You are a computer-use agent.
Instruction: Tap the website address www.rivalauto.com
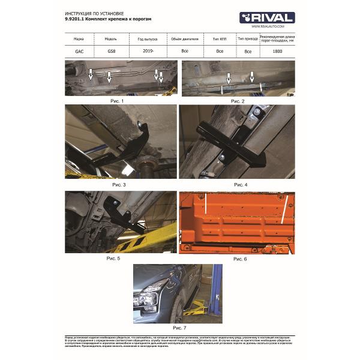pyautogui.click(x=264, y=26)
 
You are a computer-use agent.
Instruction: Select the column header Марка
pyautogui.click(x=79, y=38)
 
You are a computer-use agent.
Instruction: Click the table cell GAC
pyautogui.click(x=79, y=52)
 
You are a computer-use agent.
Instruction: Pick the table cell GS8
pyautogui.click(x=112, y=52)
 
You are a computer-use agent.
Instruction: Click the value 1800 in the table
pyautogui.click(x=278, y=52)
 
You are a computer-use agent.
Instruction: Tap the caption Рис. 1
pyautogui.click(x=117, y=101)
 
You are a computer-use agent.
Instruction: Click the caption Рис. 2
pyautogui.click(x=238, y=101)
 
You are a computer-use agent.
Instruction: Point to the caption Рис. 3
pyautogui.click(x=120, y=184)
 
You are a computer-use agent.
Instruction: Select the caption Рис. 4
pyautogui.click(x=241, y=184)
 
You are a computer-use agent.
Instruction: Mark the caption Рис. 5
pyautogui.click(x=113, y=258)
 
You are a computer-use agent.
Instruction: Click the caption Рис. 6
pyautogui.click(x=239, y=259)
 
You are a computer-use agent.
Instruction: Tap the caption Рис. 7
pyautogui.click(x=179, y=328)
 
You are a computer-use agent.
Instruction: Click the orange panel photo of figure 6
pyautogui.click(x=237, y=222)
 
